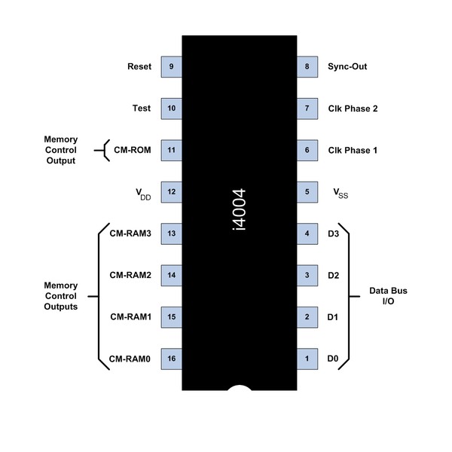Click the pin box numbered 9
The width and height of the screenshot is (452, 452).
coord(173,66)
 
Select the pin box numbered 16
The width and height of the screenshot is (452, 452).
coord(173,359)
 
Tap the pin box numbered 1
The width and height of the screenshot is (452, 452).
coord(307,359)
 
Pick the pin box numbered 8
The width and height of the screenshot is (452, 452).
coord(307,66)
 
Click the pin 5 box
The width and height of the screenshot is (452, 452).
coord(307,192)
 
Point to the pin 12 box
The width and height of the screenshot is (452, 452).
coord(173,192)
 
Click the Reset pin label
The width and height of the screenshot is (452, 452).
coord(139,66)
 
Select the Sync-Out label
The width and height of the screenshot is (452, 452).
coord(347,66)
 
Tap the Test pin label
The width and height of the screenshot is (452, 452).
coord(141,108)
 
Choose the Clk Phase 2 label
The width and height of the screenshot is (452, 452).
coord(353,108)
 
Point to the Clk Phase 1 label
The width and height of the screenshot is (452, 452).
coord(353,150)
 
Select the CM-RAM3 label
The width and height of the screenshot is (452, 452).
coord(131,234)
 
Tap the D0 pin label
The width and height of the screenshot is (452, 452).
coord(334,359)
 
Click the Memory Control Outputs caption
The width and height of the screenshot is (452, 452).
coord(61,296)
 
